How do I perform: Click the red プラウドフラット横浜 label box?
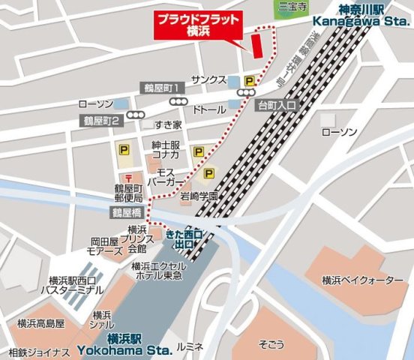coord(199,25)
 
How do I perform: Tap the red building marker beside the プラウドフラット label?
coord(256,44)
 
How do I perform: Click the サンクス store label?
coord(208,80)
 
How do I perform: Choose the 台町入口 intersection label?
coord(277,104)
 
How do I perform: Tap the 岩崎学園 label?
coord(199,196)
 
